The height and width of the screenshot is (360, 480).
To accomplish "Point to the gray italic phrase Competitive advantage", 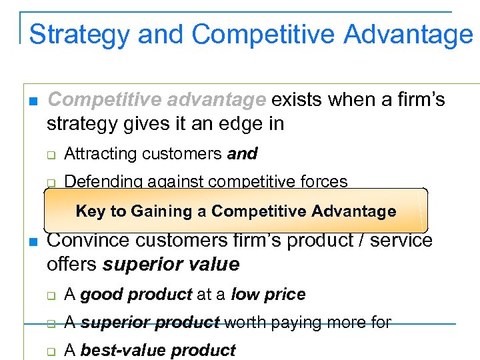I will (x=157, y=100).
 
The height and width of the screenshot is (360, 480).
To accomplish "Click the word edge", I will (x=238, y=123).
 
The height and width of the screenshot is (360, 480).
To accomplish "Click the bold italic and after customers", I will (x=242, y=154).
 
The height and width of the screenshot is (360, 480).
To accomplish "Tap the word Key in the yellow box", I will (x=90, y=211).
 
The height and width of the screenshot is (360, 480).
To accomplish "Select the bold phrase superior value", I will (x=171, y=265).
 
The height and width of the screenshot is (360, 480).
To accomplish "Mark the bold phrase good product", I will (x=136, y=295).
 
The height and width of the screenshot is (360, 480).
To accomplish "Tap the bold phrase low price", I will (x=268, y=295).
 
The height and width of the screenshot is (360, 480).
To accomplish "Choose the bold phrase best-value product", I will (x=158, y=351).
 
